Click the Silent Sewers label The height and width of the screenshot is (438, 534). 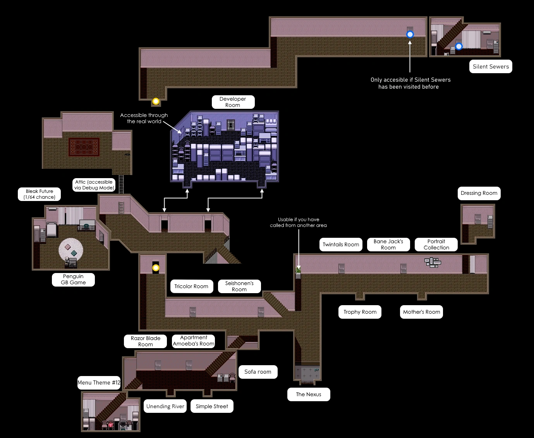click(x=491, y=67)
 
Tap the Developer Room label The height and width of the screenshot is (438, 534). click(x=233, y=102)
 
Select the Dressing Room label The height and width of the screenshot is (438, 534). click(x=479, y=193)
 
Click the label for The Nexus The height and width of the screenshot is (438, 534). click(x=309, y=394)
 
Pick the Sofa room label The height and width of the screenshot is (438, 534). click(x=258, y=372)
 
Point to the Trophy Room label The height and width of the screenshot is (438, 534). click(x=360, y=312)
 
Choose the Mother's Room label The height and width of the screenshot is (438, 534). click(x=421, y=312)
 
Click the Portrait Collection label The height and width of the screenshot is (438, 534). click(x=436, y=244)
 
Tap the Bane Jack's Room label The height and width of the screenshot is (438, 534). click(x=388, y=244)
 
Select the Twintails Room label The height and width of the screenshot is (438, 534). click(x=341, y=244)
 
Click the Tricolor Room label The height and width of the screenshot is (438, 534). click(x=191, y=286)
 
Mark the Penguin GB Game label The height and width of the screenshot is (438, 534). click(x=73, y=279)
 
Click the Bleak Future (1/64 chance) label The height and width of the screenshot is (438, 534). click(x=39, y=194)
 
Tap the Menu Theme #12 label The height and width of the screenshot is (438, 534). click(x=99, y=383)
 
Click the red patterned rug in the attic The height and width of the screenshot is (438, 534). click(x=84, y=147)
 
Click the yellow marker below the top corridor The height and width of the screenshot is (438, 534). click(x=156, y=101)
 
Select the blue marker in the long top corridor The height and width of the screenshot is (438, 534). click(x=410, y=34)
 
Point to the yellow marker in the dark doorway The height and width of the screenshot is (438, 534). click(x=156, y=268)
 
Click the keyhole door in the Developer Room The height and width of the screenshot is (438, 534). click(x=231, y=125)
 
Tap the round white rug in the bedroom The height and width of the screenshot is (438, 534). click(x=71, y=250)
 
